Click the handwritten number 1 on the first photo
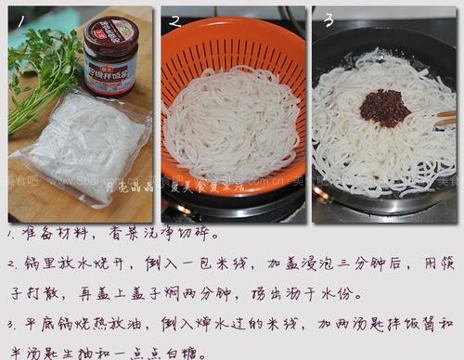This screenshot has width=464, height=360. click(16, 19)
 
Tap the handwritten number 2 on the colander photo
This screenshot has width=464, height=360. click(174, 19)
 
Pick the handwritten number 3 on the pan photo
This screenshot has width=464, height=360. click(328, 19)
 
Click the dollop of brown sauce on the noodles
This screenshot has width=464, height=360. click(384, 107)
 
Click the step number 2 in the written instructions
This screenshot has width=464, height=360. click(10, 264)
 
